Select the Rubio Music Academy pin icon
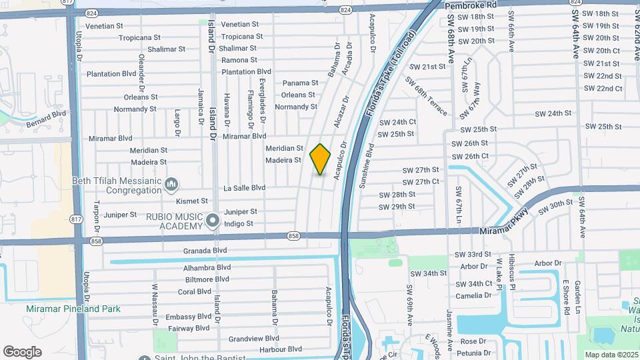click(x=213, y=219)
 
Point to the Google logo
click(x=22, y=351)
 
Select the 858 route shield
click(x=294, y=235)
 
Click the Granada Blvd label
click(x=207, y=251)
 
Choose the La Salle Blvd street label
click(x=244, y=188)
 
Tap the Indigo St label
click(x=239, y=224)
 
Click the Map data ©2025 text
click(x=611, y=354)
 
